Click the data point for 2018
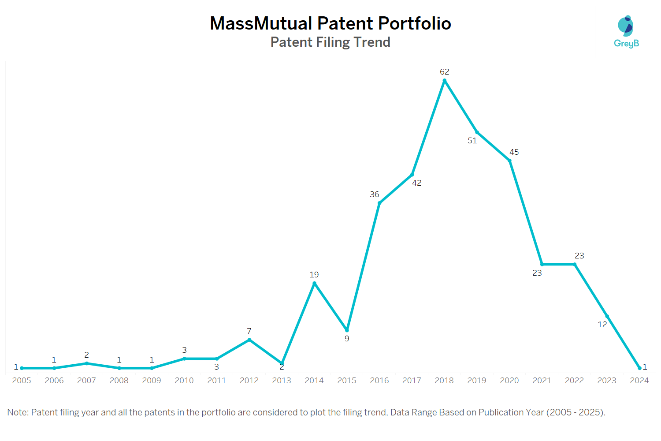point(444,81)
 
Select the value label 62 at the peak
point(444,72)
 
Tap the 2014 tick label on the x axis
point(314,381)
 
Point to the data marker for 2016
point(379,203)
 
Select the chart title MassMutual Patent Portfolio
point(330,23)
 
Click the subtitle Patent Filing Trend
point(330,42)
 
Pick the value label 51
point(472,141)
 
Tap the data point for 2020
point(509,161)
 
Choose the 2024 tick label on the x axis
point(639,381)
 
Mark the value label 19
point(314,275)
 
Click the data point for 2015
point(347,330)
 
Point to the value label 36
point(375,194)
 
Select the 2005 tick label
point(22,381)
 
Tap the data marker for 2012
point(249,340)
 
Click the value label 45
point(514,152)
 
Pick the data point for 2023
point(607,316)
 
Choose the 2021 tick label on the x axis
point(542,381)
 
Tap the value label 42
point(417,183)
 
